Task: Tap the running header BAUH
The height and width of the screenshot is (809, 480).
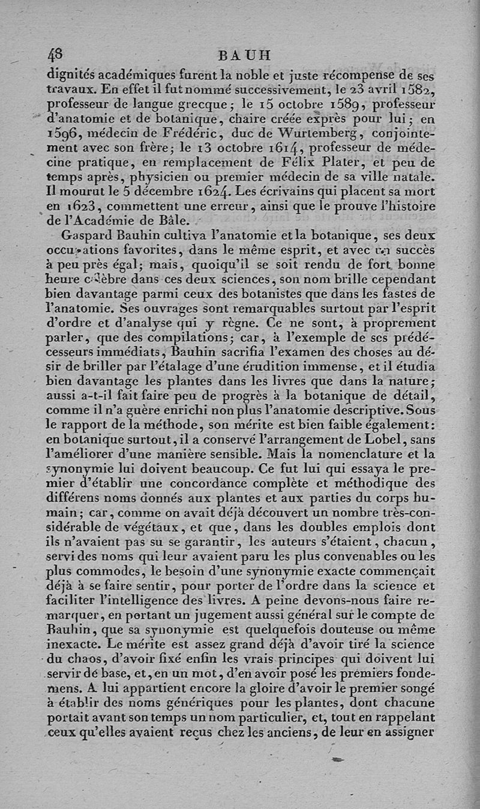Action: pyautogui.click(x=245, y=55)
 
